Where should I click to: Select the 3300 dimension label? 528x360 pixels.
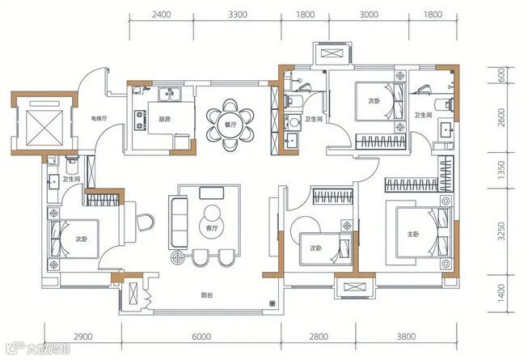[x=238, y=15]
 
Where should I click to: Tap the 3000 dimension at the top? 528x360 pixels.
[x=369, y=15]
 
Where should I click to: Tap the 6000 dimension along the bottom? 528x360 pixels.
[x=201, y=337]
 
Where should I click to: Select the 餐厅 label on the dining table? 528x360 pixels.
[x=230, y=125]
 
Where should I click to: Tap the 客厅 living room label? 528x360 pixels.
[x=213, y=229]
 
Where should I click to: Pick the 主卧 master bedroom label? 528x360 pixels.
[x=413, y=234]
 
